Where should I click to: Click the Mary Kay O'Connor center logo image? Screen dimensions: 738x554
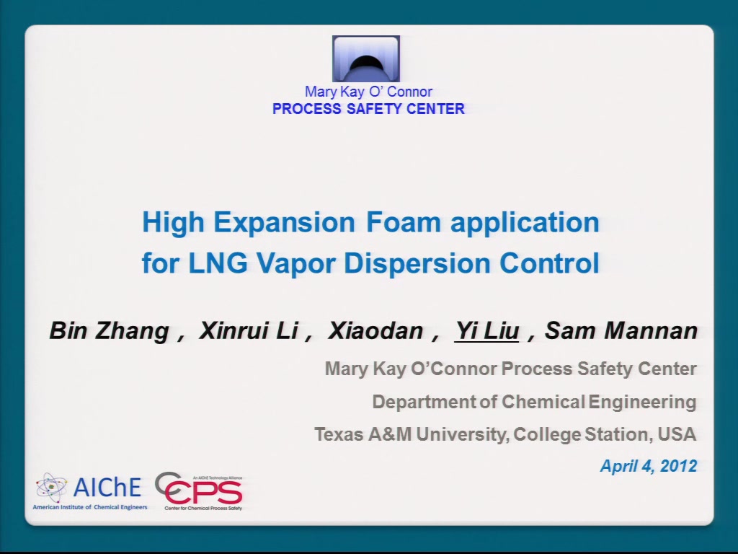point(366,59)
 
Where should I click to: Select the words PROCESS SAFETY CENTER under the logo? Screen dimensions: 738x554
point(368,109)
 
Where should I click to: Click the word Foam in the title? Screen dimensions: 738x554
point(404,222)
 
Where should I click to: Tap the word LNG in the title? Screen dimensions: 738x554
point(218,263)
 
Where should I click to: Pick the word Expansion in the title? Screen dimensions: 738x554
point(284,223)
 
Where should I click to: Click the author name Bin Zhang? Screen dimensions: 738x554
point(110,331)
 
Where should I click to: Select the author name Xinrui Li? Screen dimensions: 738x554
point(249,330)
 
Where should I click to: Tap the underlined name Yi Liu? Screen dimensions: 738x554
point(487,330)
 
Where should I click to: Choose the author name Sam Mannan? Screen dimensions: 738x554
point(621,330)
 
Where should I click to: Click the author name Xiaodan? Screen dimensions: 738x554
point(375,330)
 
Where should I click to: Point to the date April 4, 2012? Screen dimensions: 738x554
point(649,466)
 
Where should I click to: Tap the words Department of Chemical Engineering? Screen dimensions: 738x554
point(534,402)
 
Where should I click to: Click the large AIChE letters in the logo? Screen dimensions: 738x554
point(107,487)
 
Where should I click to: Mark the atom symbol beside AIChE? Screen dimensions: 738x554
point(51,488)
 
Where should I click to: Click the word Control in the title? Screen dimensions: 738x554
point(549,263)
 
